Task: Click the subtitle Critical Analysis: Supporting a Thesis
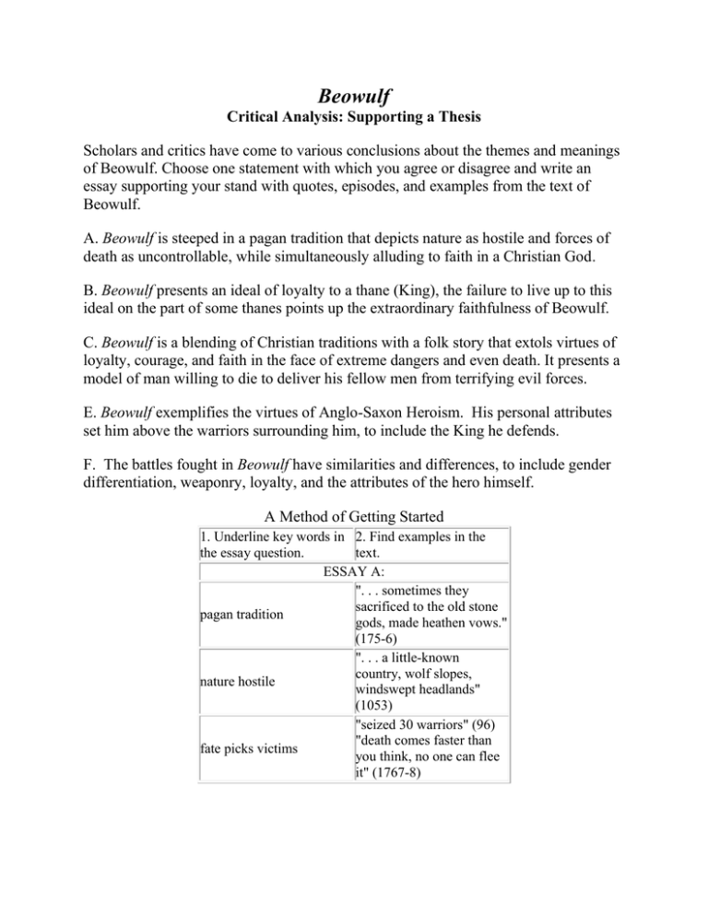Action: point(354,121)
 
